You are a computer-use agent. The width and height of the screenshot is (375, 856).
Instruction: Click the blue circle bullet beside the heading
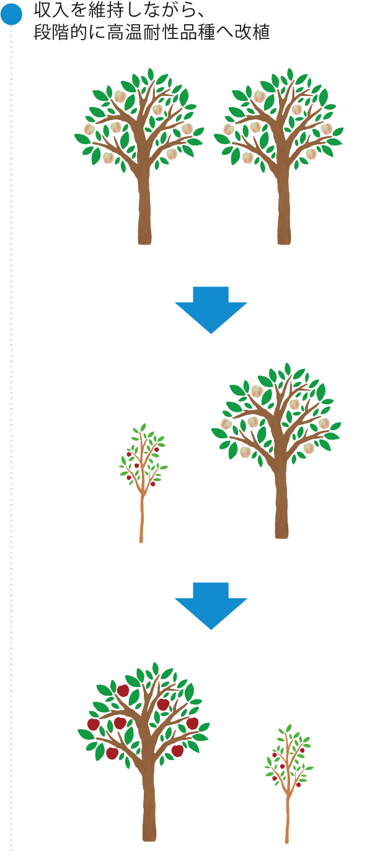[x=11, y=15]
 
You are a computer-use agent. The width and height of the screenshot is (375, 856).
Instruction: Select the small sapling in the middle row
[x=143, y=470]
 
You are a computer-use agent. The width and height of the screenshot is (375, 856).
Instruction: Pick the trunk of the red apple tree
[x=149, y=805]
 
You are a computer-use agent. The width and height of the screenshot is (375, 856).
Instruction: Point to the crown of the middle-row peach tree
[x=276, y=415]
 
